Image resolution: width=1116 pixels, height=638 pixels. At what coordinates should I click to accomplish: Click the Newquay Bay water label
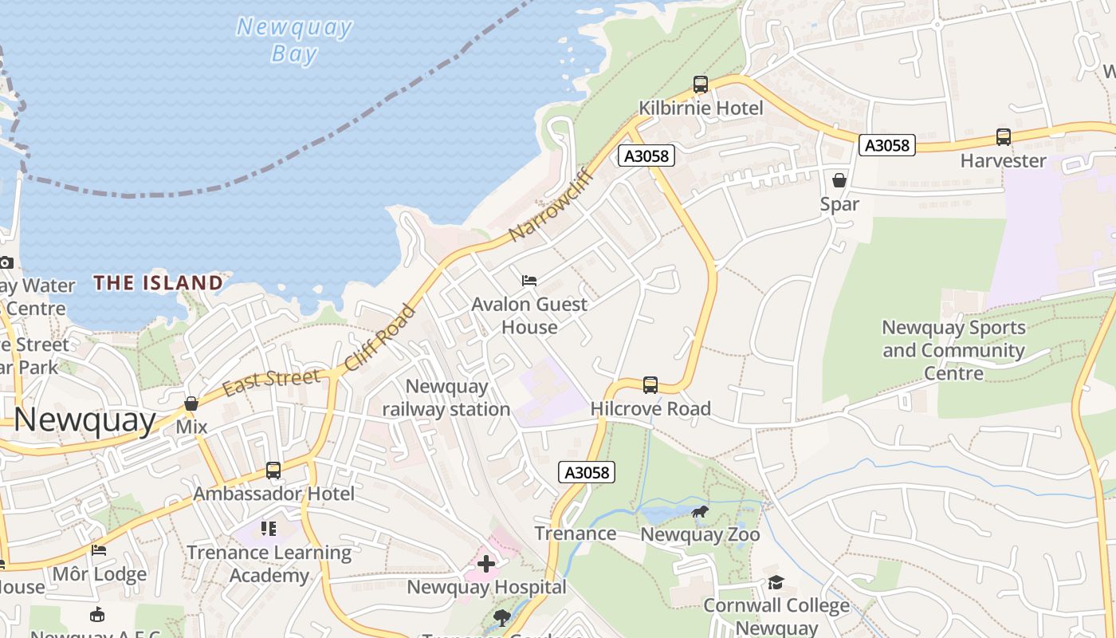pyautogui.click(x=294, y=40)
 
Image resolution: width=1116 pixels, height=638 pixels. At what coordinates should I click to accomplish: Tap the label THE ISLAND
pyautogui.click(x=158, y=282)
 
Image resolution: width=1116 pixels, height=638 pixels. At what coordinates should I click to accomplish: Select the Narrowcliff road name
pyautogui.click(x=552, y=204)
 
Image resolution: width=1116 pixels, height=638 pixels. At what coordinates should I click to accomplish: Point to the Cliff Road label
pyautogui.click(x=381, y=338)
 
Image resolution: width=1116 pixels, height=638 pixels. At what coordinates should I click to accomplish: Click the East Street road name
pyautogui.click(x=272, y=381)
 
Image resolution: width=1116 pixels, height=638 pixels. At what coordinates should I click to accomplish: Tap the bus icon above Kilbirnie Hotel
pyautogui.click(x=701, y=84)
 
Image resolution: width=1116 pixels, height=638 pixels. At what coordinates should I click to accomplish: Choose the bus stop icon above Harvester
pyautogui.click(x=1003, y=137)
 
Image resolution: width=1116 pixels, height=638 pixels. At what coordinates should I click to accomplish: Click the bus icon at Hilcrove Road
pyautogui.click(x=650, y=385)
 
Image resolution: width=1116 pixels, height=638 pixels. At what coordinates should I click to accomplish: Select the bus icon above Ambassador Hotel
pyautogui.click(x=273, y=471)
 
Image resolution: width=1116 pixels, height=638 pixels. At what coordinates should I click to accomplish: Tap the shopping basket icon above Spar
pyautogui.click(x=839, y=180)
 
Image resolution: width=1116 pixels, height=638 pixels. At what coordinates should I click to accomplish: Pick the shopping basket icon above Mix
pyautogui.click(x=191, y=404)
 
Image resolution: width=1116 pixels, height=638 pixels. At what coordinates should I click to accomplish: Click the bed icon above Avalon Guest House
pyautogui.click(x=529, y=280)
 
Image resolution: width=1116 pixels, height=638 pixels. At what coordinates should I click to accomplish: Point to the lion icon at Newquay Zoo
pyautogui.click(x=701, y=511)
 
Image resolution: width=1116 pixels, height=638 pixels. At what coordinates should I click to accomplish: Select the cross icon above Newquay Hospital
pyautogui.click(x=485, y=564)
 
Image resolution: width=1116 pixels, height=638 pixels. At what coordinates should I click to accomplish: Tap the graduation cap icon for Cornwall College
pyautogui.click(x=776, y=583)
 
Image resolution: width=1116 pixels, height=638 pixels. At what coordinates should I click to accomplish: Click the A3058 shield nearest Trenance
pyautogui.click(x=587, y=472)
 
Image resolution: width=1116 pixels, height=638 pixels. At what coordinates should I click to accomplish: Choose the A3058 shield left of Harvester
pyautogui.click(x=887, y=145)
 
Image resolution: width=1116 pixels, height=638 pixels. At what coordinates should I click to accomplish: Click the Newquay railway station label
pyautogui.click(x=446, y=398)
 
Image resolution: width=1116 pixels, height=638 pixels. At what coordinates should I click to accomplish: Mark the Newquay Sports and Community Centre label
pyautogui.click(x=953, y=350)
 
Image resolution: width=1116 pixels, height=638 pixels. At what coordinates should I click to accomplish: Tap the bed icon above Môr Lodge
pyautogui.click(x=99, y=550)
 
